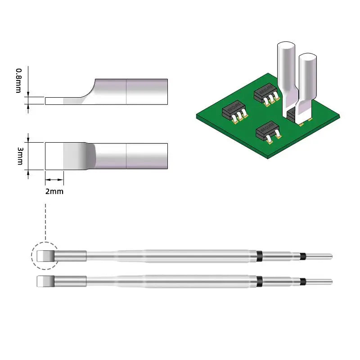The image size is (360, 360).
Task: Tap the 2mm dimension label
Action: (54, 191)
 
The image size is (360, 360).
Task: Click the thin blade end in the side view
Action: (54, 101)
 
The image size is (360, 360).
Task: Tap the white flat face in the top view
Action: (54, 156)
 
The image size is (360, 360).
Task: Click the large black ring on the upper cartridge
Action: (259, 256)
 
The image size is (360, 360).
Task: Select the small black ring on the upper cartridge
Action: (304, 256)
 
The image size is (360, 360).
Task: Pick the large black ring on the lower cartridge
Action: (259, 281)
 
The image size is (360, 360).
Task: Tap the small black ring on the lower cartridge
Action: (304, 282)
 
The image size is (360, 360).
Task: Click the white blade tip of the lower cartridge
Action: (44, 282)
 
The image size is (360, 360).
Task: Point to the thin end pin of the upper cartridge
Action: (319, 256)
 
